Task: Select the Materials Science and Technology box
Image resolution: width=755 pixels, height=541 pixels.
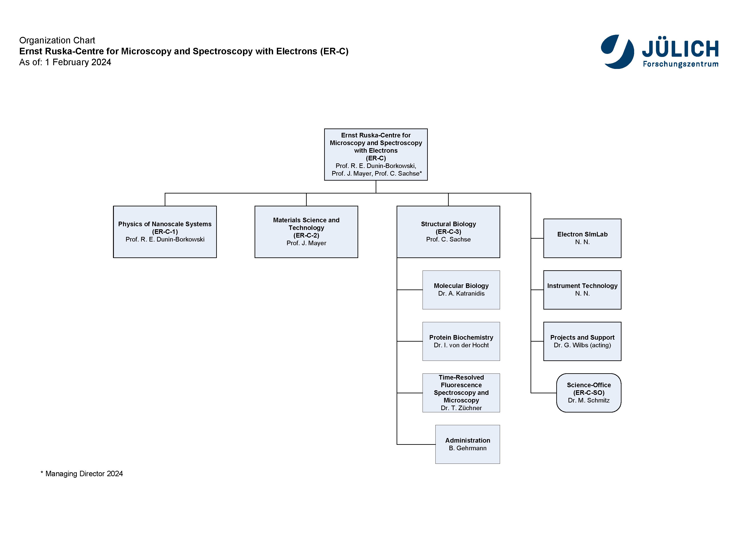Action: coord(306,232)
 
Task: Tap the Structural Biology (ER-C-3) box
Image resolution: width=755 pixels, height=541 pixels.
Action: coord(449,232)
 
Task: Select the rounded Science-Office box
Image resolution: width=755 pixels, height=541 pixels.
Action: coord(589,393)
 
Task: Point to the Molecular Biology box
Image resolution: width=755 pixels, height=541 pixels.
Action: coord(461,290)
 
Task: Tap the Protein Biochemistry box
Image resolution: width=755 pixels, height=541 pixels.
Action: coord(461,341)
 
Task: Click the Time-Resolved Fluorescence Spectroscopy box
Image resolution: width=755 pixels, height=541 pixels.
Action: coord(461,393)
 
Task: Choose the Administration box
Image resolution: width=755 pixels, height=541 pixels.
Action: coord(468,444)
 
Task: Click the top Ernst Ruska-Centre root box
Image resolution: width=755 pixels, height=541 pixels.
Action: coord(376,154)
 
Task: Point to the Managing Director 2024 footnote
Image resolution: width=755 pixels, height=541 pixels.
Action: coord(82,474)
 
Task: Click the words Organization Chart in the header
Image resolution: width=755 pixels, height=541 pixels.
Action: coord(57,40)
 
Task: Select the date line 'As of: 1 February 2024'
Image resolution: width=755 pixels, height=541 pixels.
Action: coord(65,62)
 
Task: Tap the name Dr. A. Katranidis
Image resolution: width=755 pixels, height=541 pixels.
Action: coord(461,293)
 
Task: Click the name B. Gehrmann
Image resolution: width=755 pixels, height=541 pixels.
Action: coord(468,448)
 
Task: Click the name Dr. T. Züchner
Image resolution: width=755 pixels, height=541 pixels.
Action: coord(461,408)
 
